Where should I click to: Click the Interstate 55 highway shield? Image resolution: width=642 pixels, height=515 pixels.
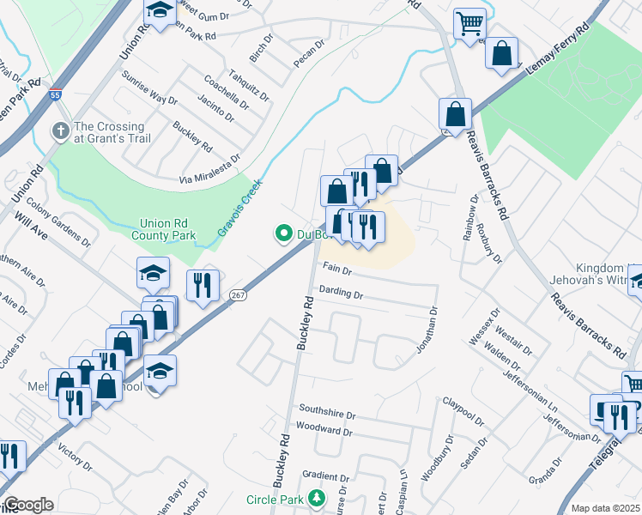coord(55,95)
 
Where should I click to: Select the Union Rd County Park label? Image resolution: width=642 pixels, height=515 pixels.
coord(163,229)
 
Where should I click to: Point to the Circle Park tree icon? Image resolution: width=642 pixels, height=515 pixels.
coord(318,499)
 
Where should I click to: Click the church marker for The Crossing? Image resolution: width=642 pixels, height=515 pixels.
coord(60,131)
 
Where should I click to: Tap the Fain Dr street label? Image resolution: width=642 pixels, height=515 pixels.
coord(337,270)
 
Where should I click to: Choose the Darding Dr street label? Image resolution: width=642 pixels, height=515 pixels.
coord(341,293)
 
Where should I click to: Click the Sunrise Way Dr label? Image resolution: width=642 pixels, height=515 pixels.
coord(148,97)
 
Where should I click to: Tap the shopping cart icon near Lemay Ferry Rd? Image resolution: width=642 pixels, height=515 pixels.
coord(469,23)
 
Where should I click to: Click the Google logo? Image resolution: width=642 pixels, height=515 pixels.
coord(28,505)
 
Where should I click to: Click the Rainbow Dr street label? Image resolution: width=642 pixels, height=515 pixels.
coord(472,218)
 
